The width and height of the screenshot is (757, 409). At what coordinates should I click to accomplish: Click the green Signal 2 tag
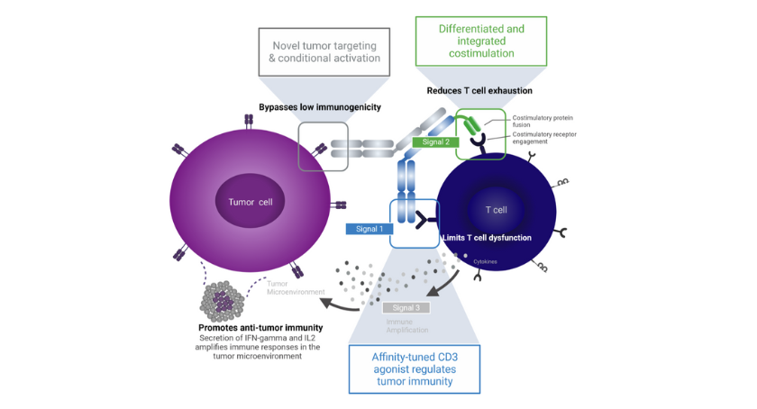(435, 142)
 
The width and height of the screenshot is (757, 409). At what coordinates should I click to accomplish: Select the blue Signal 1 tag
(369, 229)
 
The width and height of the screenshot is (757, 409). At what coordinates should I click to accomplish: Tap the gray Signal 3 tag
(406, 308)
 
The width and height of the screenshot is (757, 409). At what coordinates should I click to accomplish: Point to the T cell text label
(496, 210)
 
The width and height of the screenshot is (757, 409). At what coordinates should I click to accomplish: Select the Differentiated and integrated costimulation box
(481, 41)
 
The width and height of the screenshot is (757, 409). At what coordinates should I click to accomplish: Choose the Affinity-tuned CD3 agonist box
(414, 369)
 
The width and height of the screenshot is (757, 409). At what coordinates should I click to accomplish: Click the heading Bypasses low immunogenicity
(319, 107)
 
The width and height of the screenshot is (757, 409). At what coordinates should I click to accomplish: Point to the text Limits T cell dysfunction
(487, 238)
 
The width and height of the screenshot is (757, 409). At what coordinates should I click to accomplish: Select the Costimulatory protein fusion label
(543, 122)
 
